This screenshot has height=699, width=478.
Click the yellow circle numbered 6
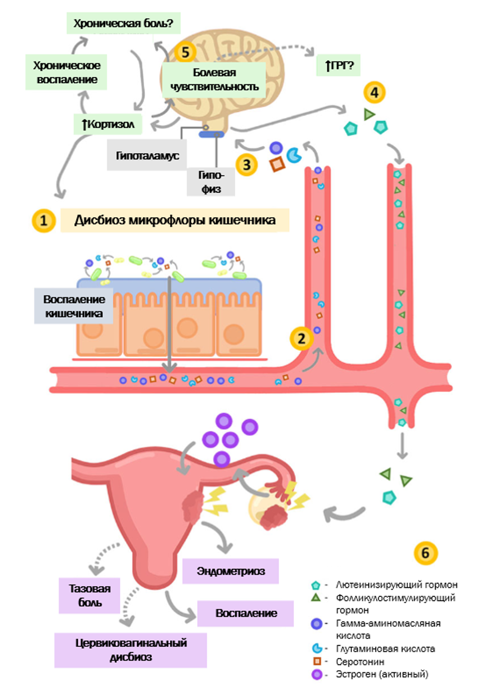[x=426, y=553]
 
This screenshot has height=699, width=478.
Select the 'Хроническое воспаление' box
[x=66, y=72]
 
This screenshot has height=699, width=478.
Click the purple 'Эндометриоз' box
[x=230, y=571]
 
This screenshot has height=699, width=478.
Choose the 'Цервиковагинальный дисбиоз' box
[x=131, y=650]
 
